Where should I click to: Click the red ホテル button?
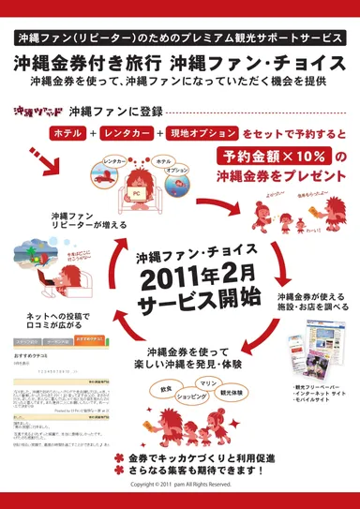pyautogui.click(x=68, y=134)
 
